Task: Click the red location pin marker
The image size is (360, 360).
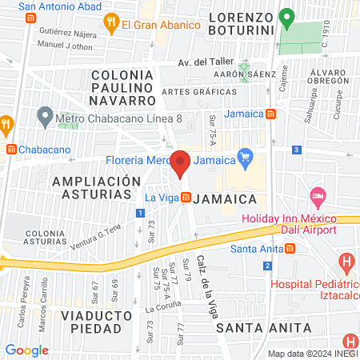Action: (181, 163)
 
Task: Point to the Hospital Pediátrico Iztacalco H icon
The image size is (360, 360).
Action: (346, 261)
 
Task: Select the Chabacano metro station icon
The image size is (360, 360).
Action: (10, 149)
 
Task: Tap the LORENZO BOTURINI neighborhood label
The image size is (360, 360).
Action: (241, 24)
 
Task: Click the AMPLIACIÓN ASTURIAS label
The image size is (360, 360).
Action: (90, 189)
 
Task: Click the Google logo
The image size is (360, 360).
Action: (27, 350)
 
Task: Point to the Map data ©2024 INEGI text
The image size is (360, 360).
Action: (311, 354)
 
